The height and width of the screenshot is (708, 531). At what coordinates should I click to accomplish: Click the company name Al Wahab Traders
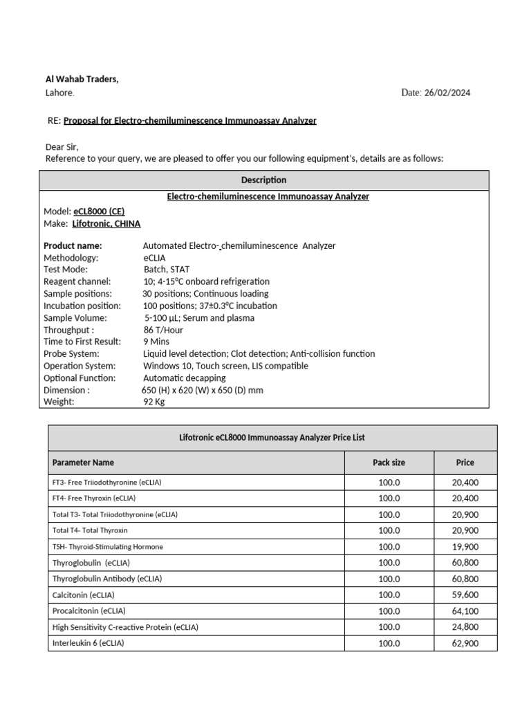82,80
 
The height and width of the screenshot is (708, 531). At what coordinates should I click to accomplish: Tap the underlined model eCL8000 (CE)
99,212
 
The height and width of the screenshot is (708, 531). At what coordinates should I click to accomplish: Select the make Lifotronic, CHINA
106,223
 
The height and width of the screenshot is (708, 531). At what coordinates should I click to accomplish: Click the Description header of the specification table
263,180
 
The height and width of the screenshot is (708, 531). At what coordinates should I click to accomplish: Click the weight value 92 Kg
155,402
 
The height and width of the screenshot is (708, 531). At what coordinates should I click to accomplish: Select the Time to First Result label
82,342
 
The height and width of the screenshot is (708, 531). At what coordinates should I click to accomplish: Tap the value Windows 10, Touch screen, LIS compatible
225,366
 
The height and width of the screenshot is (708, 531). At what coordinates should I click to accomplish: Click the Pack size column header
389,463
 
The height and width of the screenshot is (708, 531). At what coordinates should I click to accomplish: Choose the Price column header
465,463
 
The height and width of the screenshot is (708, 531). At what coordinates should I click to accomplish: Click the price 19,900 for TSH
465,547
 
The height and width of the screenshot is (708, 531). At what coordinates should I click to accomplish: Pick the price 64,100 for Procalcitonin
465,611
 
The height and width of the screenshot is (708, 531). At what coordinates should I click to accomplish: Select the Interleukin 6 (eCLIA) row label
88,643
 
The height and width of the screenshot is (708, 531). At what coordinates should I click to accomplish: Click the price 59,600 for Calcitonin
465,595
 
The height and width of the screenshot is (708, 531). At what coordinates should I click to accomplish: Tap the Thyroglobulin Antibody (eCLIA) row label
106,579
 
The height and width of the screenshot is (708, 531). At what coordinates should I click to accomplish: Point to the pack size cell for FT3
389,483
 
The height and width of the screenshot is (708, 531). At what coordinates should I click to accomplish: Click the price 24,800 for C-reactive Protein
465,627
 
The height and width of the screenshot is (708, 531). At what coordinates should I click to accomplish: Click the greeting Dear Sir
62,147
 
